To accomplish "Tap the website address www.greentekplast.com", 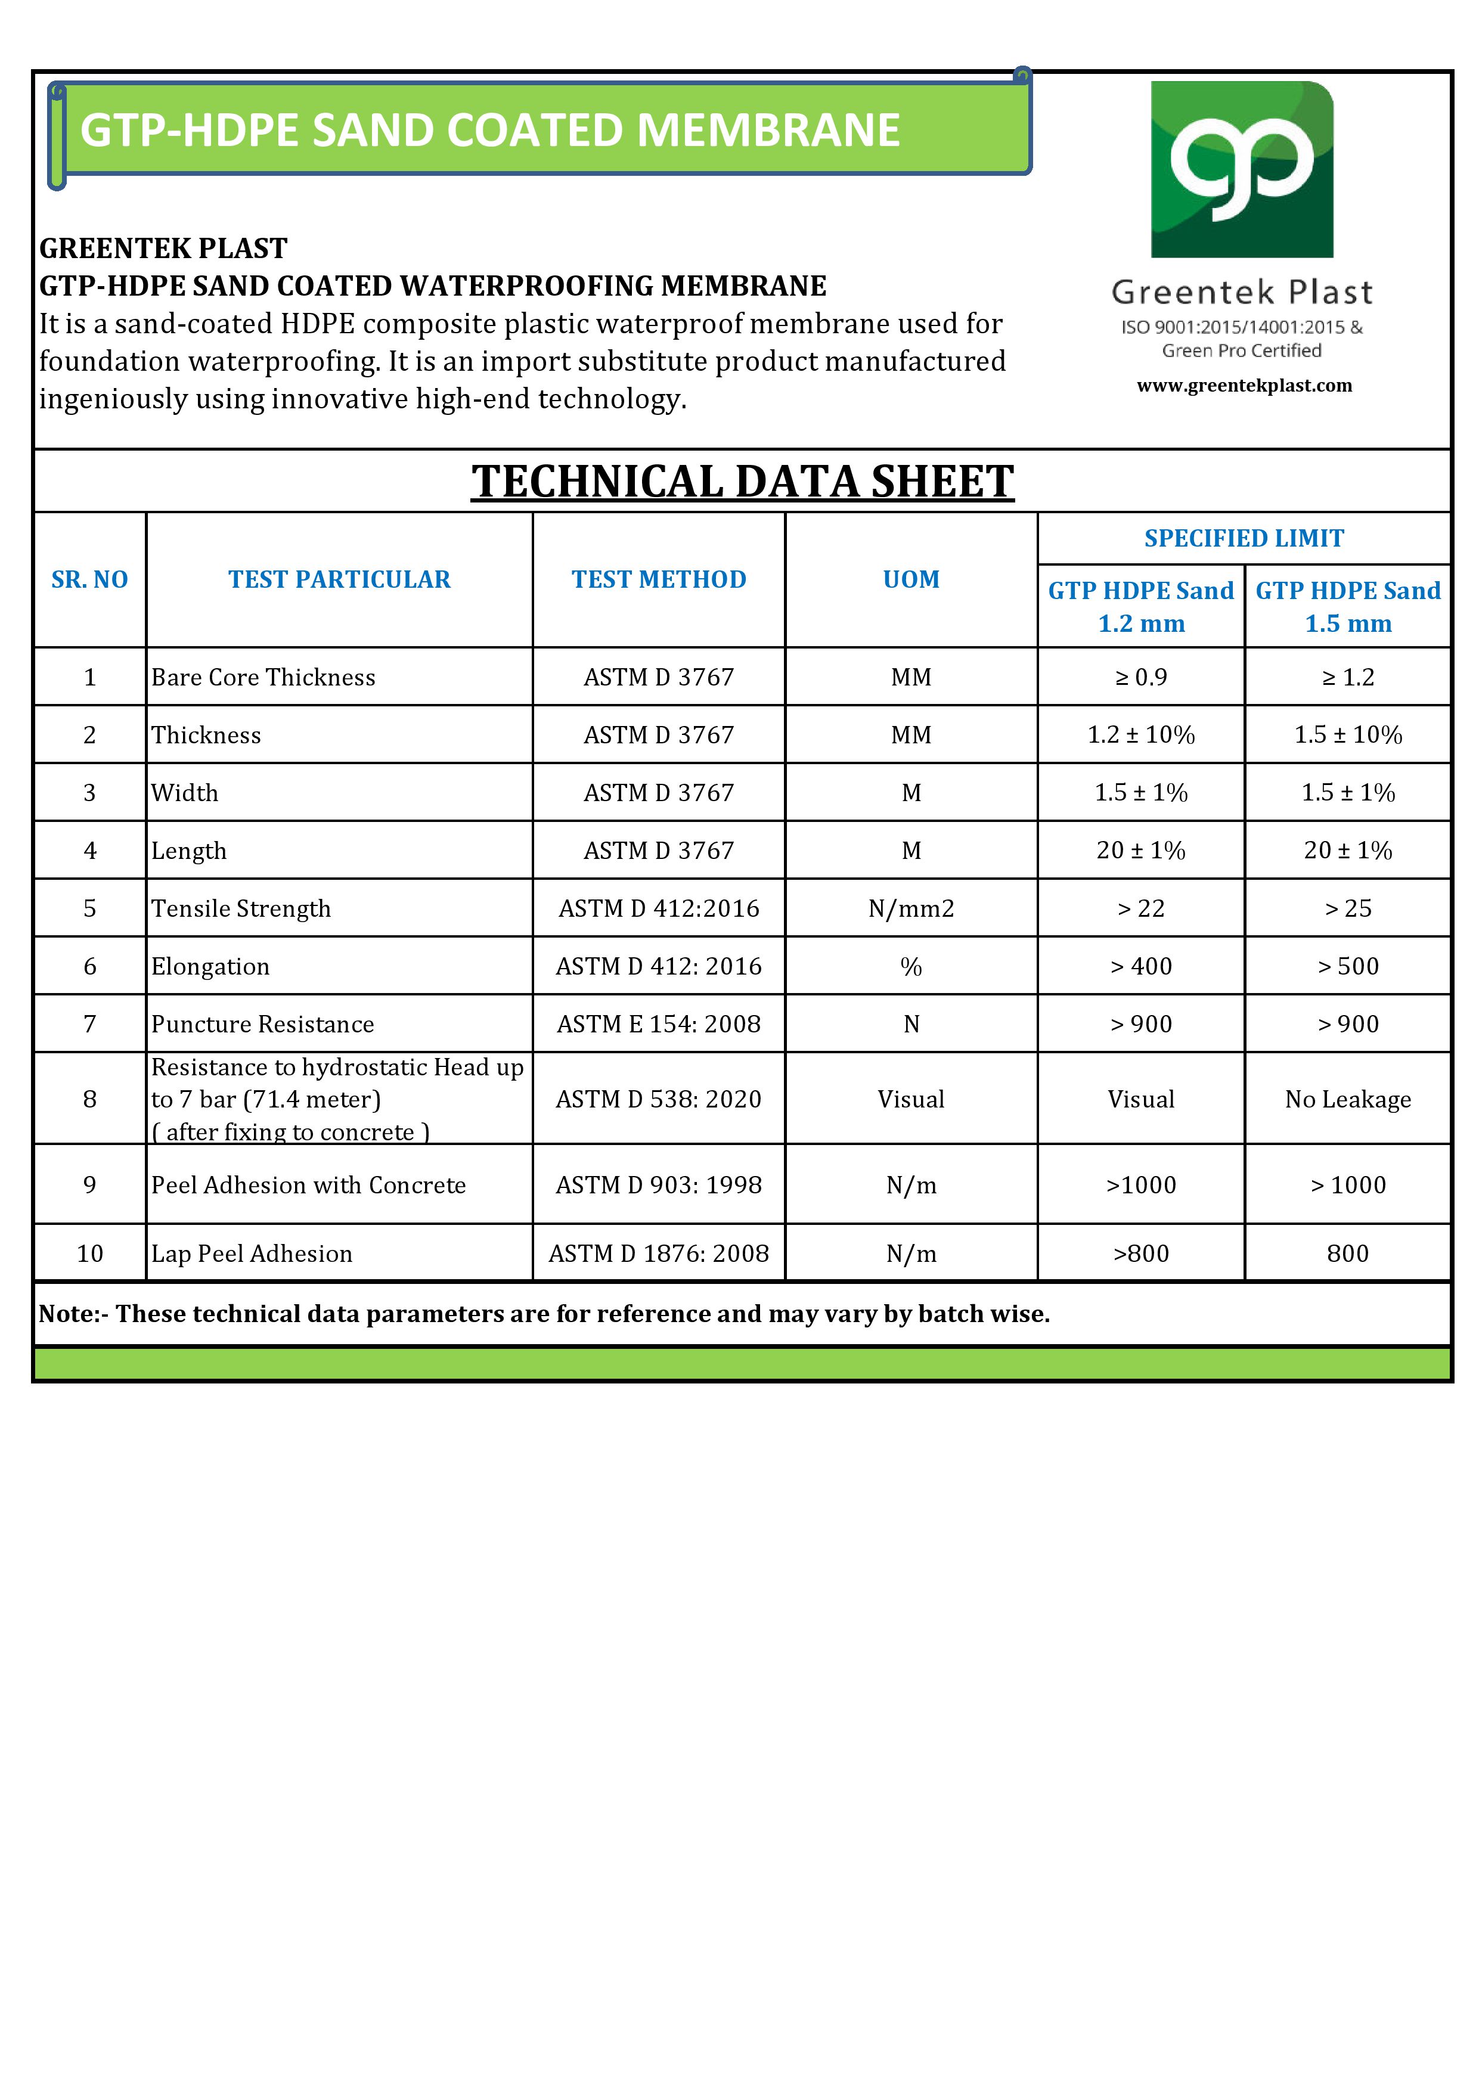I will (x=1244, y=385).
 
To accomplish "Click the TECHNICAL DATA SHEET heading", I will (x=742, y=481).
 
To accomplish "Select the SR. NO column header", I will (x=89, y=579).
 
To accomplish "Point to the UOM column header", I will (x=911, y=579).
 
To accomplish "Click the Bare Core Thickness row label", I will (x=263, y=678).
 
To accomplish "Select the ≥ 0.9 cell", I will (x=1141, y=678).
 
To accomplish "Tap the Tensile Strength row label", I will (x=241, y=909).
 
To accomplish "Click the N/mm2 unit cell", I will (x=911, y=909).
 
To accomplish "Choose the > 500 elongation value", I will (x=1348, y=966).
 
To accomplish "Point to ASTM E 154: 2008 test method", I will (x=659, y=1025).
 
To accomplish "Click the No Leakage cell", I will (x=1348, y=1099).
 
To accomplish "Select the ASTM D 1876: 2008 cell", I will (x=659, y=1254).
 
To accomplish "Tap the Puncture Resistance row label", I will (x=262, y=1025).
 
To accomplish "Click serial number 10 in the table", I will (x=89, y=1254).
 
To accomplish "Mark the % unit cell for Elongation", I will (x=911, y=966).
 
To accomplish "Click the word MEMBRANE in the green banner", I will (x=768, y=130).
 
